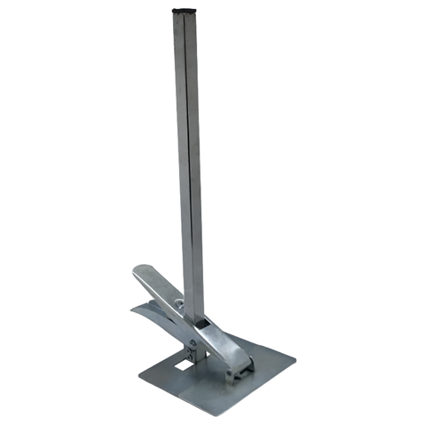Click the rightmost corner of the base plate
click(x=294, y=359)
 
